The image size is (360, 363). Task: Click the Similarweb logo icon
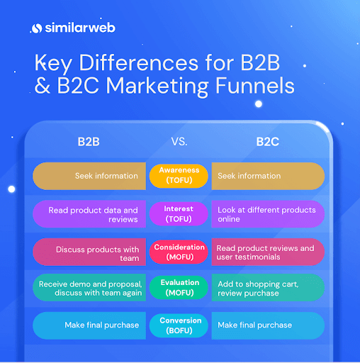(37, 28)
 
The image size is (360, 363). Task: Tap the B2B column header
(89, 142)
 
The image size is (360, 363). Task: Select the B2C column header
(268, 142)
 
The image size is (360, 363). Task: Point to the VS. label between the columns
(179, 142)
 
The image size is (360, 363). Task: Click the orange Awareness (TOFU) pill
(179, 176)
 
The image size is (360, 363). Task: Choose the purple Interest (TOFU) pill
(179, 214)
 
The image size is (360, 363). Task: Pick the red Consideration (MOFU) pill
(179, 252)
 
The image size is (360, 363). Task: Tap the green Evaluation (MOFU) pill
(179, 288)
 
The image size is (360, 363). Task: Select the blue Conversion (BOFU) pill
(179, 325)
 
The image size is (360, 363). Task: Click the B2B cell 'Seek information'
(89, 176)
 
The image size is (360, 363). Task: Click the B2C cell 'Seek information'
(268, 176)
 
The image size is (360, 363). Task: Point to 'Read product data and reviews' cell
(89, 214)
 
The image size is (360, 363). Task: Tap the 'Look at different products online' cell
(268, 214)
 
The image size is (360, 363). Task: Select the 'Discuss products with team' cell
(89, 252)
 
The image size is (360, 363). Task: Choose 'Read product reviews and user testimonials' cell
(268, 252)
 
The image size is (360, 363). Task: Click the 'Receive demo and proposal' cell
(89, 288)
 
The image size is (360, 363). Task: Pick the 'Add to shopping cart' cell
(268, 288)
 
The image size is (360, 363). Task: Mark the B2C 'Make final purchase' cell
(268, 325)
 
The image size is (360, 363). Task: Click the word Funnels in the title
(255, 86)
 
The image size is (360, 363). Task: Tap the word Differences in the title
(139, 62)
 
